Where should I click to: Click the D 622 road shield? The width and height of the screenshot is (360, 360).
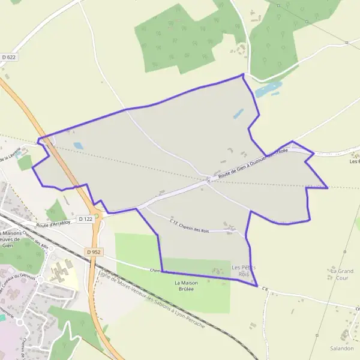click(x=8, y=57)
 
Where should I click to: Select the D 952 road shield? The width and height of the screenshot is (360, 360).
click(x=92, y=252)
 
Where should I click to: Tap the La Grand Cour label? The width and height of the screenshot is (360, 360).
click(x=341, y=274)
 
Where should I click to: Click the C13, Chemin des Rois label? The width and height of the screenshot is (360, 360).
click(x=189, y=226)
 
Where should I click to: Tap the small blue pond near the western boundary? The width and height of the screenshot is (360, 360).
click(x=78, y=145)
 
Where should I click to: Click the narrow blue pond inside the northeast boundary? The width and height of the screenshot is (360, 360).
click(x=238, y=113)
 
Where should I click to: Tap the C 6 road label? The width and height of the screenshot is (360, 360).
click(x=264, y=292)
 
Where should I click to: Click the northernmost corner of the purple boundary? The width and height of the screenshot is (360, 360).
click(x=243, y=74)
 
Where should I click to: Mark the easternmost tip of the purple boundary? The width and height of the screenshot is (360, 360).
click(x=328, y=188)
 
